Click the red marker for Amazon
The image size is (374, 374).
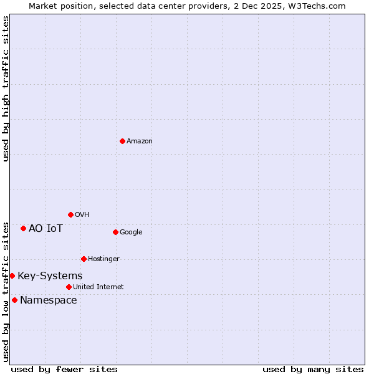(x=122, y=141)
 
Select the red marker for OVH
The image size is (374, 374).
(x=70, y=214)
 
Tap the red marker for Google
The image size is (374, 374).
(x=115, y=232)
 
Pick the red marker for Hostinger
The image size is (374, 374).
(x=84, y=259)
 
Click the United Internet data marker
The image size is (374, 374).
(x=69, y=287)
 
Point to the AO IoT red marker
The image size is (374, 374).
(x=23, y=228)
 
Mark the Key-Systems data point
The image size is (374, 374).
(x=12, y=276)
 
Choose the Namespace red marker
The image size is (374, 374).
(x=14, y=300)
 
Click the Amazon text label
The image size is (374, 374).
(x=140, y=141)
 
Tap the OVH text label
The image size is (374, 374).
(x=82, y=215)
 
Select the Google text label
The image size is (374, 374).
(x=131, y=233)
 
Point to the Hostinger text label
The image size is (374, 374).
(x=103, y=259)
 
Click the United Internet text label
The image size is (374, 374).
(x=98, y=287)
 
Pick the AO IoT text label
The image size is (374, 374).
(x=46, y=228)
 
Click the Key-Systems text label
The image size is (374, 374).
(x=50, y=276)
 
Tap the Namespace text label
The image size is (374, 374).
(x=49, y=300)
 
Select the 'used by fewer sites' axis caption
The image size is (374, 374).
(x=64, y=369)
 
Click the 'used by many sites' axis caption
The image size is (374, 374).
(x=313, y=369)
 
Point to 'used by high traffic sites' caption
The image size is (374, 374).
(x=6, y=89)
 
